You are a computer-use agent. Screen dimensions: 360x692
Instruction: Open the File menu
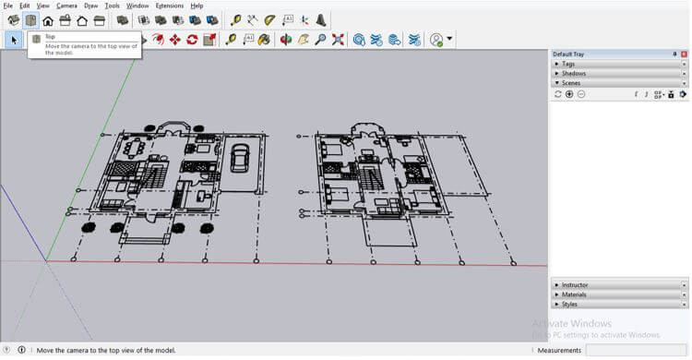(7, 6)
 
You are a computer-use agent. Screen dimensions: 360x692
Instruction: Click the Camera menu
(66, 6)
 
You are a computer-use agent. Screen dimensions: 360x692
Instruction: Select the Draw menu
(90, 6)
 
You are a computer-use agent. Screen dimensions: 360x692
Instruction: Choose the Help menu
(197, 6)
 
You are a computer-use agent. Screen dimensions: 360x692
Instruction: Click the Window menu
(137, 6)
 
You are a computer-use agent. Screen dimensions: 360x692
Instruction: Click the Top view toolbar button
(30, 20)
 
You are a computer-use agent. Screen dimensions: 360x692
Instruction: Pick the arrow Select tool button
(14, 40)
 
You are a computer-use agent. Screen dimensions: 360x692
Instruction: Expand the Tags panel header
(568, 64)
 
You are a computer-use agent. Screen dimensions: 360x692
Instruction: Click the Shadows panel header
(573, 73)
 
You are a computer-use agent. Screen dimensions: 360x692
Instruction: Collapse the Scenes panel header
(571, 83)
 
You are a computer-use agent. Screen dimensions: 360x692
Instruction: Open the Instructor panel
(575, 285)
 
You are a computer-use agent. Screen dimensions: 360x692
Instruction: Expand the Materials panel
(575, 294)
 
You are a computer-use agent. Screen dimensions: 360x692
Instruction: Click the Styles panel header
(569, 304)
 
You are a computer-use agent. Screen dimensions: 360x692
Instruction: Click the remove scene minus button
(581, 94)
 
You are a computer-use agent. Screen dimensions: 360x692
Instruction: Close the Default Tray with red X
(685, 54)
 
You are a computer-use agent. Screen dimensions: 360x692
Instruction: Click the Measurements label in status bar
(559, 351)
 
